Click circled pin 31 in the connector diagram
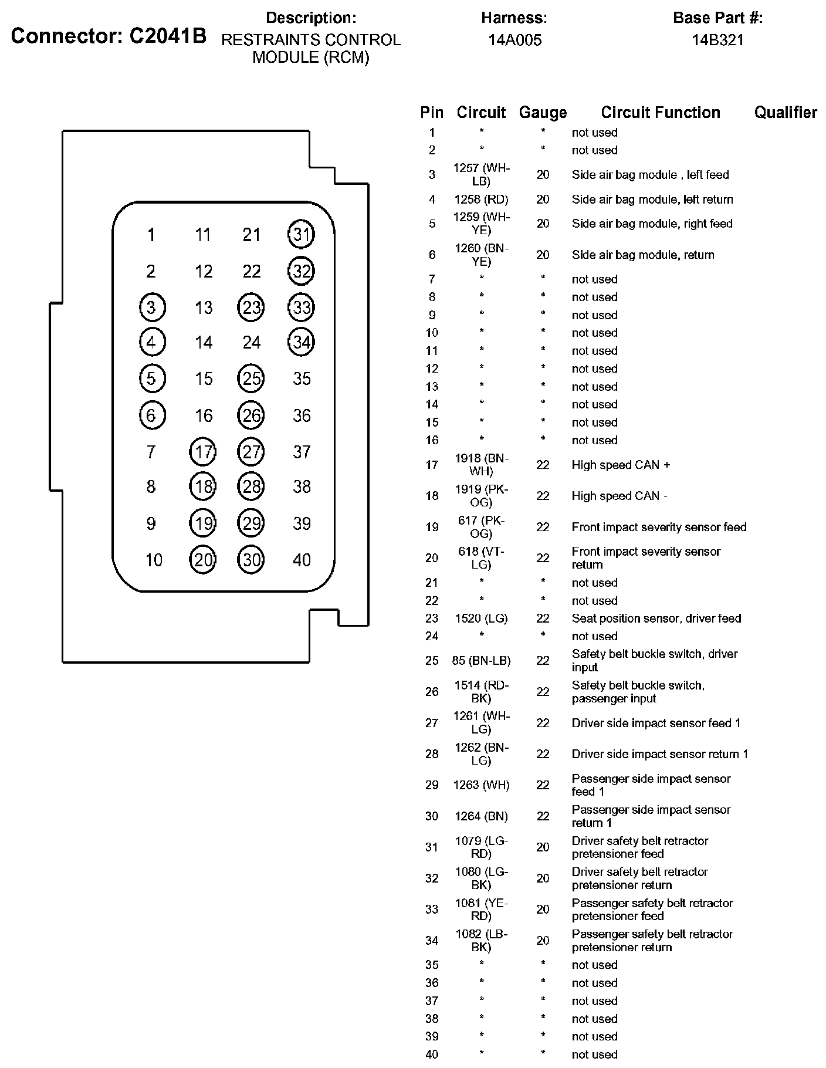pyautogui.click(x=301, y=235)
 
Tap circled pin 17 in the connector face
pyautogui.click(x=203, y=452)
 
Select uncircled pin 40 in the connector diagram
pyautogui.click(x=302, y=560)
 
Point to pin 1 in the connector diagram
pyautogui.click(x=151, y=235)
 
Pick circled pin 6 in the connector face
pyautogui.click(x=152, y=415)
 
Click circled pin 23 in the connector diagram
pyautogui.click(x=251, y=307)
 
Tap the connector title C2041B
pyautogui.click(x=109, y=36)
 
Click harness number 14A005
pyautogui.click(x=514, y=40)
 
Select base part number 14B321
pyautogui.click(x=717, y=40)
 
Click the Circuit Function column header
pyautogui.click(x=661, y=113)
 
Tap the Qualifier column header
pyautogui.click(x=786, y=113)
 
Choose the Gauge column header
pyautogui.click(x=543, y=113)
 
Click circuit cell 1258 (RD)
pyautogui.click(x=481, y=200)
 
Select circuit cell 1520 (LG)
pyautogui.click(x=481, y=619)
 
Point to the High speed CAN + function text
pyautogui.click(x=621, y=465)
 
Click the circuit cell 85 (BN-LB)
pyautogui.click(x=481, y=661)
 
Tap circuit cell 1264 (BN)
pyautogui.click(x=481, y=816)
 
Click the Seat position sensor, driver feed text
pyautogui.click(x=656, y=619)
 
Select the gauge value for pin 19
pyautogui.click(x=543, y=527)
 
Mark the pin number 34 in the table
pyautogui.click(x=432, y=941)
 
